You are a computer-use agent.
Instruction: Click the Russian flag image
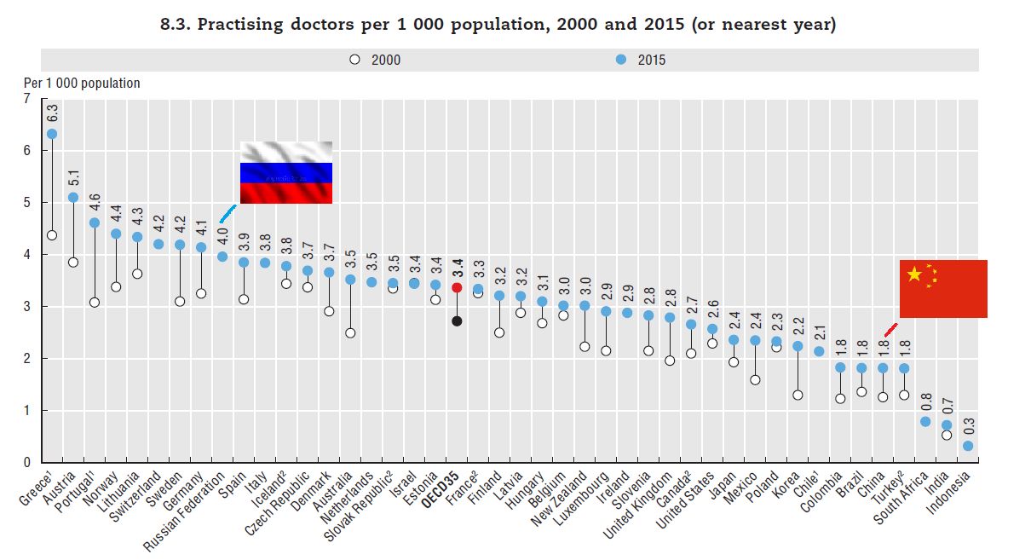(286, 172)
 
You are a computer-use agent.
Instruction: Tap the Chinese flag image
(943, 289)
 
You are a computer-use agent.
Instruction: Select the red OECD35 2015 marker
(457, 288)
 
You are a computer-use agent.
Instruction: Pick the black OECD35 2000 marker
(457, 320)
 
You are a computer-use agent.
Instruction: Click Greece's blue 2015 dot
(52, 134)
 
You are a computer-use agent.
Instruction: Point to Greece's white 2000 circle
(52, 235)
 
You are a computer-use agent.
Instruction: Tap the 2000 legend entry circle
(354, 60)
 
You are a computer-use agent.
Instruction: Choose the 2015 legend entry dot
(621, 60)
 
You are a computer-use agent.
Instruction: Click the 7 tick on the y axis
(26, 99)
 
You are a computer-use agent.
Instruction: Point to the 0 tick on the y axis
(26, 463)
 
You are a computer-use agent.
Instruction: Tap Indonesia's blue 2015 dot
(968, 446)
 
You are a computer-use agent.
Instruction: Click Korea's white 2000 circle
(798, 395)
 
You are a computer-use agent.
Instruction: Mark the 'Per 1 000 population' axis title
(82, 84)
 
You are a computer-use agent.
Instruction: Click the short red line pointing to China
(890, 330)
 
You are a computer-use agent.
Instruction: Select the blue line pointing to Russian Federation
(228, 213)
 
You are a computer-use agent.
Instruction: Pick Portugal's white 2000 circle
(95, 303)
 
